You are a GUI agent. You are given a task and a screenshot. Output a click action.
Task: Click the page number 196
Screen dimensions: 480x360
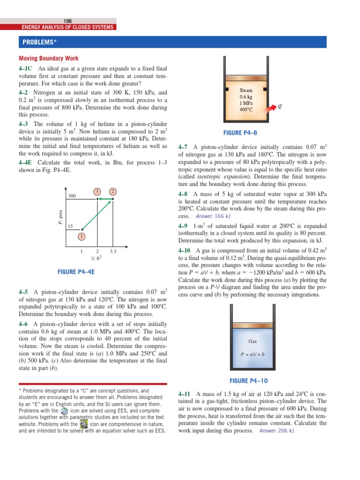coord(67,21)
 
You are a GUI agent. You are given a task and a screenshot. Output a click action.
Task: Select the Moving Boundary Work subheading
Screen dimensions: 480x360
coord(48,59)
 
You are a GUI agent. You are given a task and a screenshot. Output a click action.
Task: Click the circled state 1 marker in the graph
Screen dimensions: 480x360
coord(82,236)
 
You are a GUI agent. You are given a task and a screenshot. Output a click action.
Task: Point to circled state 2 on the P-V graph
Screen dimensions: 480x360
coord(112,191)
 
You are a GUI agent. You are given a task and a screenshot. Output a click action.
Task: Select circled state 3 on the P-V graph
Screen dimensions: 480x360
coord(97,191)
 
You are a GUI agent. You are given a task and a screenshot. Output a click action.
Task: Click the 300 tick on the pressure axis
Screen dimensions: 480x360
coord(72,195)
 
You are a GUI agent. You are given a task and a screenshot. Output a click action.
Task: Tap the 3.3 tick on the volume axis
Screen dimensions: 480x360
coord(112,251)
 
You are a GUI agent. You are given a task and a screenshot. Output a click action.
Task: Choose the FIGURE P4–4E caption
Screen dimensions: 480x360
coord(76,272)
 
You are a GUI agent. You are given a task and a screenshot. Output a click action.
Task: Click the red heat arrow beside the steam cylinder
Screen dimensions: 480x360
coord(269,108)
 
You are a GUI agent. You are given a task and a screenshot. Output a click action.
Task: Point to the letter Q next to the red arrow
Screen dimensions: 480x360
coord(280,106)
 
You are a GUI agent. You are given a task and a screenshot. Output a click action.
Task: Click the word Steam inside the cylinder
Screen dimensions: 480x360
coord(246,90)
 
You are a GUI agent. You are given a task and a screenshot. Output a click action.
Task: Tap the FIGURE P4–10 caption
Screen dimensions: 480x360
coord(248,381)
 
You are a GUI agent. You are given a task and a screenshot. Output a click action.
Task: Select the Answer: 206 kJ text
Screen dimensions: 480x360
coord(276,431)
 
